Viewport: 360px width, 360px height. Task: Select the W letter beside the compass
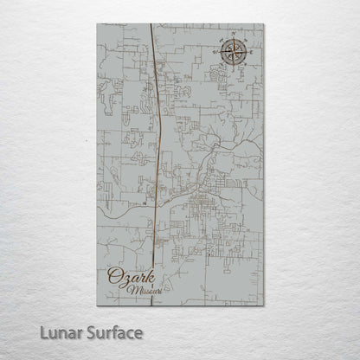215,54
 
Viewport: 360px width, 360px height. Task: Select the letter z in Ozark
123,280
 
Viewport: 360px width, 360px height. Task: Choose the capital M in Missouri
131,291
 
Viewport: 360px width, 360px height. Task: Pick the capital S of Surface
86,332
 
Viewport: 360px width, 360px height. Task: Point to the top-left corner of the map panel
97,24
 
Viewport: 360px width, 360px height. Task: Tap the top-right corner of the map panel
262,24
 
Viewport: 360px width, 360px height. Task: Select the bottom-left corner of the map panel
97,305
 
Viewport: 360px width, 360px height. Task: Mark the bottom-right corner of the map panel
262,305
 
